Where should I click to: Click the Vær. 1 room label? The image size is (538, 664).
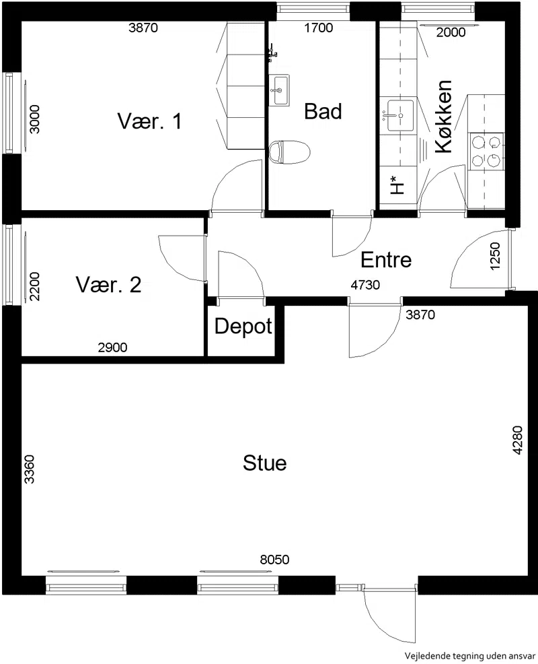point(150,121)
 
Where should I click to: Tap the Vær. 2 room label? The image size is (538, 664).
point(108,285)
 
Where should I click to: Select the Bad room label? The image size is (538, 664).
point(323,111)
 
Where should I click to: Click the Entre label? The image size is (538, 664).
point(386,259)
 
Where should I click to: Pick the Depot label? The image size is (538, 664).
point(243,327)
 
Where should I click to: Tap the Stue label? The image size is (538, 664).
point(265,463)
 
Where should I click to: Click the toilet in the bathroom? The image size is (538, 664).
point(289,152)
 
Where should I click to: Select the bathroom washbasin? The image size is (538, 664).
point(280,90)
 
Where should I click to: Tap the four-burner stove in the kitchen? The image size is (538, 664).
point(487,151)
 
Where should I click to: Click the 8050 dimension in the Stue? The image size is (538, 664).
point(275,560)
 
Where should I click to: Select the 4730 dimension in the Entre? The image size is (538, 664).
point(365,285)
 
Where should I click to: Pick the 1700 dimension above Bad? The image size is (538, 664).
point(319,28)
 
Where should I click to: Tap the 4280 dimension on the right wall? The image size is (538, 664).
point(518,440)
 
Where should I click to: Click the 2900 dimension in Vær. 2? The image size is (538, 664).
point(112,347)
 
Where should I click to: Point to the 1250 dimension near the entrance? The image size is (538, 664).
point(495,256)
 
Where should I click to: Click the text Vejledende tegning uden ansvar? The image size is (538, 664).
point(469,655)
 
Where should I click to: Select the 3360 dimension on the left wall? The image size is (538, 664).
point(29,469)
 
